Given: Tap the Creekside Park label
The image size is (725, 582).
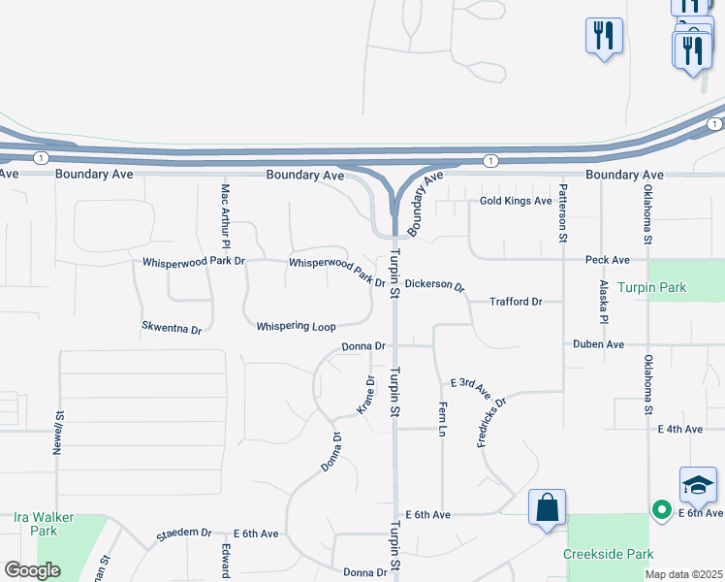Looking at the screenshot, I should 607,554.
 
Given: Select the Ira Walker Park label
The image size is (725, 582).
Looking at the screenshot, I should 44,524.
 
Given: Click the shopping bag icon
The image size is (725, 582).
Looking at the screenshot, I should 547,506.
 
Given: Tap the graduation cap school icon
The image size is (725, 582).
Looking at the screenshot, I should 698,483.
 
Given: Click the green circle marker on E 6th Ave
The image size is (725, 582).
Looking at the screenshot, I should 663,508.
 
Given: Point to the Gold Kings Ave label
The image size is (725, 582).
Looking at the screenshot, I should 516,201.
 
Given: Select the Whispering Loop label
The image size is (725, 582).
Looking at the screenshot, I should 296,327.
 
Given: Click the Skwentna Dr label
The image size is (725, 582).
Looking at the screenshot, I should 172,329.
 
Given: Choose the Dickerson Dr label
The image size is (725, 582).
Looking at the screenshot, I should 435,285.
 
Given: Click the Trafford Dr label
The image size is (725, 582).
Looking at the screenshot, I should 516,302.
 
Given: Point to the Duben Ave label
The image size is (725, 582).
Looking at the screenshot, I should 598,344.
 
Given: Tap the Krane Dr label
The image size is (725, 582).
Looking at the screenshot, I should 365,395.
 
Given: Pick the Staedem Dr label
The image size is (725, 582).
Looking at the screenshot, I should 184,533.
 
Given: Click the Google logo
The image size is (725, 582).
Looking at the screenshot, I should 32,570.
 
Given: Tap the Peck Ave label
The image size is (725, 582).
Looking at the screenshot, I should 608,260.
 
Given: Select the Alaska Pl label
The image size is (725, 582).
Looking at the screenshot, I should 603,302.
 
